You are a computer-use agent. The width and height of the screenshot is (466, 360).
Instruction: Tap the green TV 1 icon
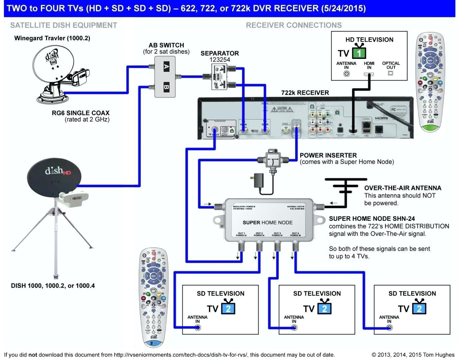(359, 53)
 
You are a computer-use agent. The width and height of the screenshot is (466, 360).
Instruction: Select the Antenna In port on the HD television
(346, 74)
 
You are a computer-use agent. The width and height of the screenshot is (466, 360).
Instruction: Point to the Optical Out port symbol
(391, 73)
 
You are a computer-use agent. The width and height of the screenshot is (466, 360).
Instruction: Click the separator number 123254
(219, 60)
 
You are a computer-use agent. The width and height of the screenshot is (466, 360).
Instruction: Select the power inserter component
(273, 160)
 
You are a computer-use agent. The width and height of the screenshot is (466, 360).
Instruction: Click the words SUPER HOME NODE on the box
(267, 223)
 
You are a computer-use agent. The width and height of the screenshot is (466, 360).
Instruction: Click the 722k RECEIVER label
(305, 93)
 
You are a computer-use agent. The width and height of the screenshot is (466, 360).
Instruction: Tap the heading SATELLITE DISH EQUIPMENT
(64, 25)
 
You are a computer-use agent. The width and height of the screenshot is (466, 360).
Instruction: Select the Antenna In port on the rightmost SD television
(389, 328)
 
